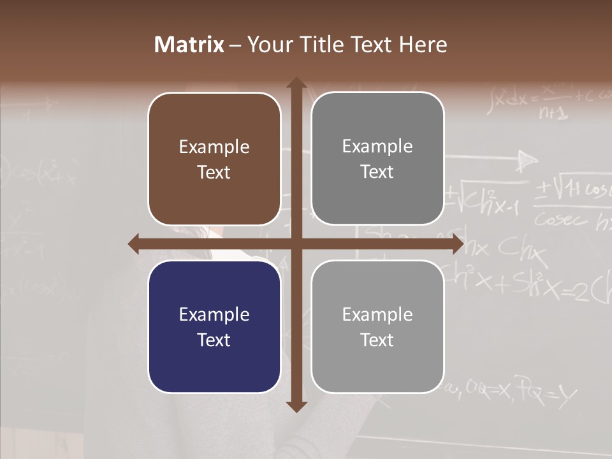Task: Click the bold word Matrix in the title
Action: coord(189,45)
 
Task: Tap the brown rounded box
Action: coord(214,159)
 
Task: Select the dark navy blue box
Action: coord(214,326)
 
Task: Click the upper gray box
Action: coord(377,158)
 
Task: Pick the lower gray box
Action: coord(377,326)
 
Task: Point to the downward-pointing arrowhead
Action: coord(296,405)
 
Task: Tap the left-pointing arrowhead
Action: coord(135,244)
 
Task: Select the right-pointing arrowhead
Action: coord(457,244)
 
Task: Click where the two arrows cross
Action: coord(296,244)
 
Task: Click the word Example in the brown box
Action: coord(214,147)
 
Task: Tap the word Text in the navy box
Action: coord(214,340)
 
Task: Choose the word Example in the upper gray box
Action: coord(377,147)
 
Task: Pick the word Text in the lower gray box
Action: coord(377,340)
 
